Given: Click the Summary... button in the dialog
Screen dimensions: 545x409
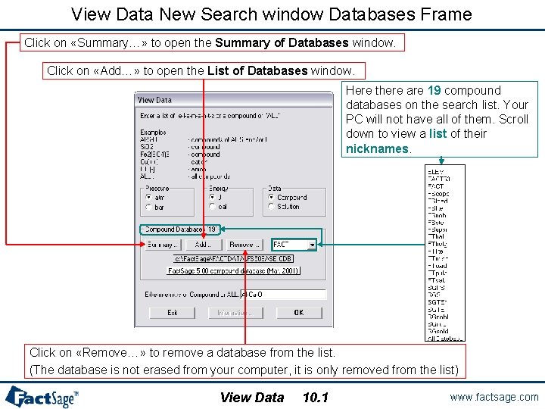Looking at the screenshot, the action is [161, 245].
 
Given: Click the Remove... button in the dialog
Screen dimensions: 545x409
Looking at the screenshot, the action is [244, 245].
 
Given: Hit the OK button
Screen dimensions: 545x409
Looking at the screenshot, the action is [298, 312].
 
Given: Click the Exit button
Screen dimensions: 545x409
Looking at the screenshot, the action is [172, 312].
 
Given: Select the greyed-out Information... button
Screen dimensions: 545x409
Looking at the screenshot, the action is [235, 312].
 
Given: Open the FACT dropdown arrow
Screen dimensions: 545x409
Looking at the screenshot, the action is [312, 245].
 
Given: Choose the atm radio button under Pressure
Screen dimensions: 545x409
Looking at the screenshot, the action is [148, 197].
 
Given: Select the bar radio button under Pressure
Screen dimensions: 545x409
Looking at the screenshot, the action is [148, 206].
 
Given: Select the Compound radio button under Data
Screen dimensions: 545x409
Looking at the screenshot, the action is [271, 197].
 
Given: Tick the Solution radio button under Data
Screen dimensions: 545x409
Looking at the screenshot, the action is [271, 206].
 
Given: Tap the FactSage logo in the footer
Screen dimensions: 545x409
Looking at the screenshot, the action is [42, 396].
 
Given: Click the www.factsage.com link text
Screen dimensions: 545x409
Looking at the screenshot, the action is [494, 397].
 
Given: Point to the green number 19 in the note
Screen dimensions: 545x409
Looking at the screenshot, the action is [435, 91].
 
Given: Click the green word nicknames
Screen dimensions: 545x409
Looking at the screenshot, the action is [377, 148].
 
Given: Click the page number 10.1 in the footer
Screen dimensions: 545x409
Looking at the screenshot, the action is [315, 397].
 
